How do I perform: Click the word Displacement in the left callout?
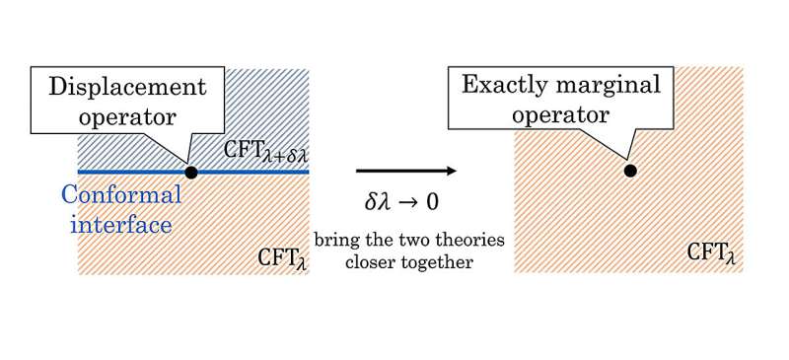point(127,87)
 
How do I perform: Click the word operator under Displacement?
point(127,117)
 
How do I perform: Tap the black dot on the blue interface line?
point(190,173)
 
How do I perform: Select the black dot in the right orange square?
point(630,171)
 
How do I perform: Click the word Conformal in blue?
point(121,194)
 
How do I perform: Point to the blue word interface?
point(121,224)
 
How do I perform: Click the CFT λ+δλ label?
point(265,152)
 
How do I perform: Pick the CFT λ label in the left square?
point(282,257)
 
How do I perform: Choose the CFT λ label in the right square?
point(711,252)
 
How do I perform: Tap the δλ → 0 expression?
point(401,202)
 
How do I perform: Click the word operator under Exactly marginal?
point(561,115)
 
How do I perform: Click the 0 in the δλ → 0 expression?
point(432,203)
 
